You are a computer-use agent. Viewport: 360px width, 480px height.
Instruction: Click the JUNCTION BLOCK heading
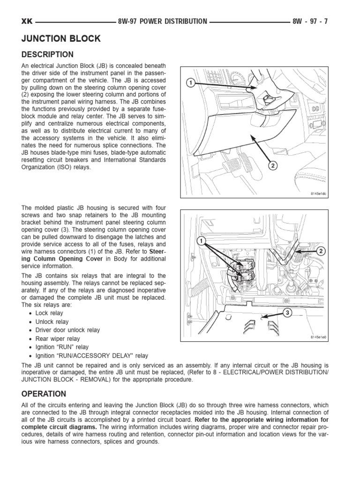[x=61, y=38]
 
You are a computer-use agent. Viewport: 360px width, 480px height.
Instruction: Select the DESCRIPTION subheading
[x=47, y=55]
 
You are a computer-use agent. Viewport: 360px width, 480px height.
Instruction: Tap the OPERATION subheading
[x=44, y=394]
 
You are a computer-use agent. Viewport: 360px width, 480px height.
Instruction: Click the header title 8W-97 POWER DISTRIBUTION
[x=163, y=21]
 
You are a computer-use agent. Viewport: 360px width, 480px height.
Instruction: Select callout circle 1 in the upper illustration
[x=190, y=83]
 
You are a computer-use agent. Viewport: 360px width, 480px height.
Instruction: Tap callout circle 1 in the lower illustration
[x=201, y=241]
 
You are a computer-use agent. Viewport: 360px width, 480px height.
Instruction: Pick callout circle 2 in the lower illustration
[x=321, y=251]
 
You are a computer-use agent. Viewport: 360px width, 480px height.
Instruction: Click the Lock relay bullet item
[x=49, y=313]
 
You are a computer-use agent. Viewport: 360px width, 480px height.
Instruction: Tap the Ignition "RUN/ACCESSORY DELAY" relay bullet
[x=91, y=356]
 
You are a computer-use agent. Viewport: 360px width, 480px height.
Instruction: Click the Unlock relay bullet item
[x=52, y=322]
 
